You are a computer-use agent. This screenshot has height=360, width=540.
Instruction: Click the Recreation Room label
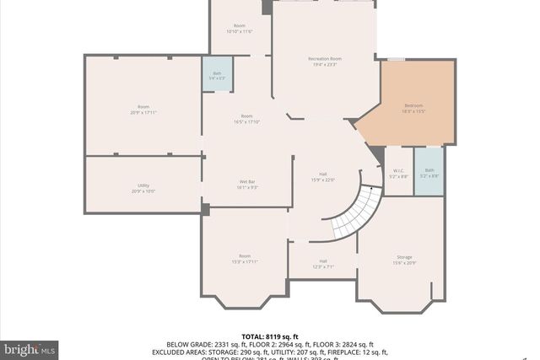click(x=324, y=59)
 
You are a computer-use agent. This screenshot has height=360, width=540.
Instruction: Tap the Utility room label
click(x=143, y=185)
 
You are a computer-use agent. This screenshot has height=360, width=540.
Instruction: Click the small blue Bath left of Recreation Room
click(x=217, y=74)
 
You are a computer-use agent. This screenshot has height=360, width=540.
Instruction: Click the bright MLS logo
click(x=30, y=348)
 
